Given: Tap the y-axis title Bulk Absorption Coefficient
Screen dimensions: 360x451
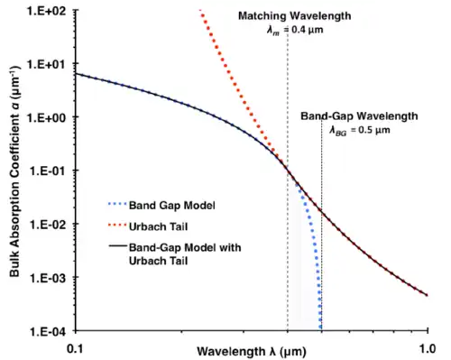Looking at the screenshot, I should (12, 171).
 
